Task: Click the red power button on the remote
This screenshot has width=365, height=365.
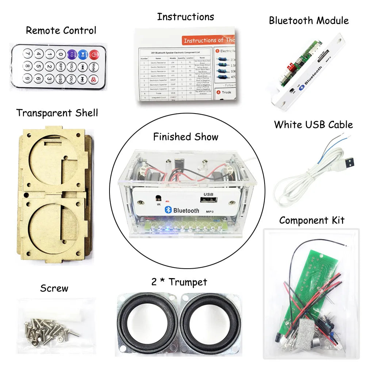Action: click(94, 55)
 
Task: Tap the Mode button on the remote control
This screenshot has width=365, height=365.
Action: click(95, 67)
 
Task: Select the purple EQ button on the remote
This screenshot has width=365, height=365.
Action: click(72, 55)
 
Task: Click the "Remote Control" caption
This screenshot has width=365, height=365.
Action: click(61, 30)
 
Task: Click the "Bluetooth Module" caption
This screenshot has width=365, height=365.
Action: click(309, 20)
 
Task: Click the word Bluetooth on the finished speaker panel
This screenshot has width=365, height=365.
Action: click(186, 210)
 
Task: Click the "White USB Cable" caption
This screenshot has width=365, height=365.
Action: click(313, 124)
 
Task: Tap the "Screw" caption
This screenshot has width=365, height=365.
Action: click(54, 288)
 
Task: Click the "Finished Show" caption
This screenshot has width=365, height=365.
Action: click(185, 137)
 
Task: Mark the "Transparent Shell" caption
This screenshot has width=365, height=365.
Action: click(57, 113)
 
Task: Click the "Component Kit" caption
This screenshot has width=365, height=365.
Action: click(312, 220)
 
